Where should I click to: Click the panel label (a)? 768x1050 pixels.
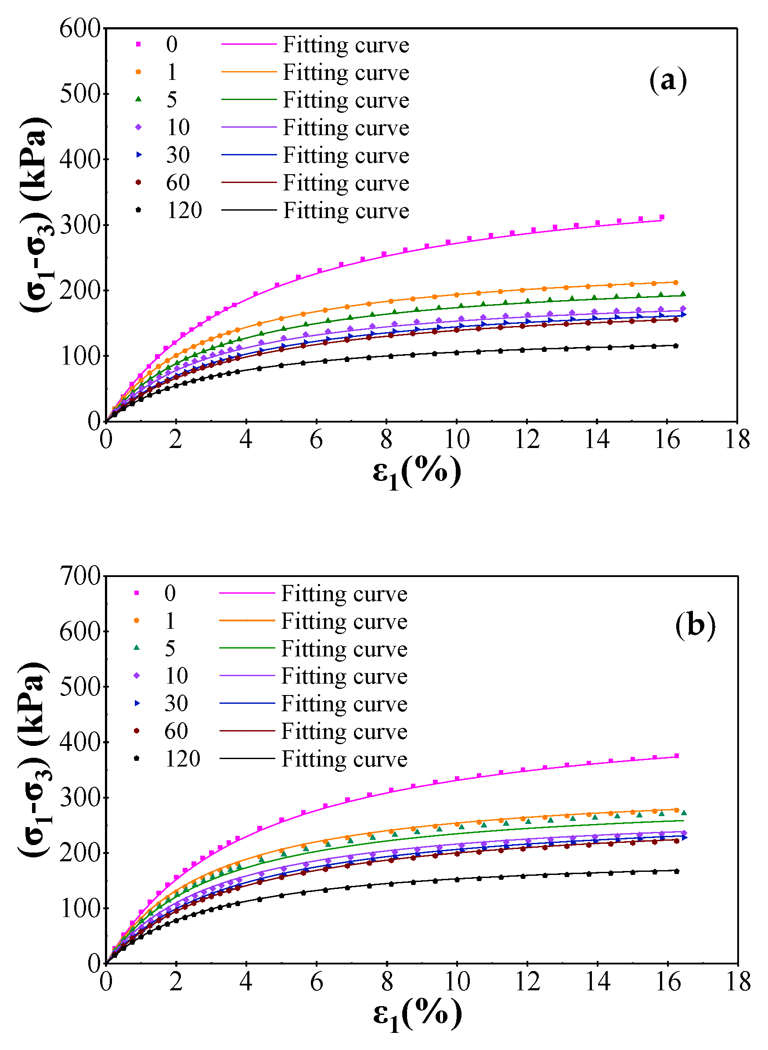[x=667, y=80]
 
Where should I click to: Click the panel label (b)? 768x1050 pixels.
[x=695, y=625]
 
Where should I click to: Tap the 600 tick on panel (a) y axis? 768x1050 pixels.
[x=80, y=29]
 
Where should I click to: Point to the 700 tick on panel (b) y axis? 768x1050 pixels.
[x=80, y=577]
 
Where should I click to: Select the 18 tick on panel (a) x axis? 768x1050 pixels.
[x=737, y=439]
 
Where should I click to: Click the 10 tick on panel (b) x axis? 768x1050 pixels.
[x=457, y=982]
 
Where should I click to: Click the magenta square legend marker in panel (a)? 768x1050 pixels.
[x=138, y=45]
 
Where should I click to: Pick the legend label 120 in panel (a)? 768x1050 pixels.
[x=184, y=211]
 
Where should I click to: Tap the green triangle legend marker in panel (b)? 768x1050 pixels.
[x=137, y=648]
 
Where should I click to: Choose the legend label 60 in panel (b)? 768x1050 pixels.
[x=176, y=731]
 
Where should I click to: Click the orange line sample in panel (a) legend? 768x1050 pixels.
[x=249, y=72]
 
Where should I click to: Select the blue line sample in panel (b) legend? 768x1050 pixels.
[x=247, y=703]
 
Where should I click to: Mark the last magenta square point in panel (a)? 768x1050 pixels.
[x=662, y=217]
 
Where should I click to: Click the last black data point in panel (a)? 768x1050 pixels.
[x=675, y=345]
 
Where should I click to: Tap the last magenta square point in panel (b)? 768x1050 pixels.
[x=676, y=756]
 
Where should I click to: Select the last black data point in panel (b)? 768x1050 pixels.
[x=676, y=871]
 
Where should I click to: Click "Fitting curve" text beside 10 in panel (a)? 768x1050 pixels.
[x=346, y=128]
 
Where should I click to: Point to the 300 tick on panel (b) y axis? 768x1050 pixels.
[x=80, y=798]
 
